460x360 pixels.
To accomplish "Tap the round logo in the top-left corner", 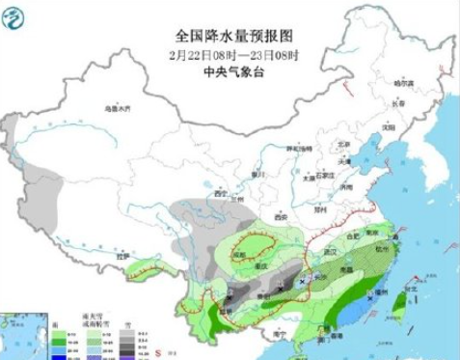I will [x=17, y=16].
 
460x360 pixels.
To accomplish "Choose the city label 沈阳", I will [x=388, y=125].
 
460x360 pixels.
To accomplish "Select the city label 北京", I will [x=339, y=145].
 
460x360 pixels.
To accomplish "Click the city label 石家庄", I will [x=325, y=174].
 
